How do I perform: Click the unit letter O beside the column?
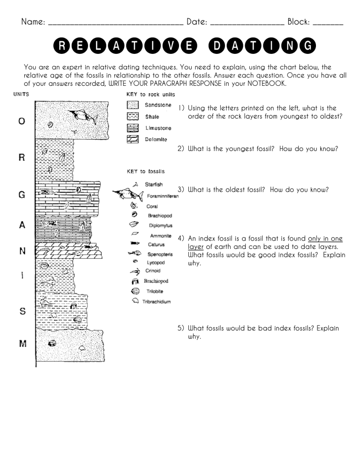(22, 121)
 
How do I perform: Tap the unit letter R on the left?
(22, 157)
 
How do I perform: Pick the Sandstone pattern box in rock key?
(133, 106)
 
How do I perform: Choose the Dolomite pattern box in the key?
(133, 139)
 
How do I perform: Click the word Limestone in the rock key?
(158, 128)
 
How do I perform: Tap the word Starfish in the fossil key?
(154, 185)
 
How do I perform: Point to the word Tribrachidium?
(157, 301)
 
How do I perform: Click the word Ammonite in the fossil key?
(160, 236)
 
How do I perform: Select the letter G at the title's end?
(307, 46)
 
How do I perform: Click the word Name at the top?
(33, 22)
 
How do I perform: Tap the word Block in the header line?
(298, 22)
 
